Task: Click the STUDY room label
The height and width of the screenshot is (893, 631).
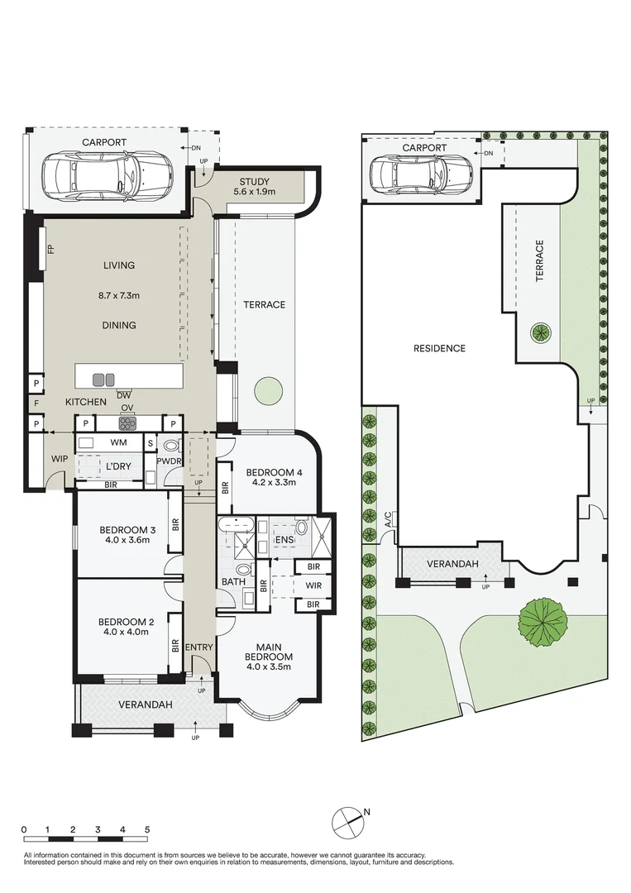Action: coord(257,182)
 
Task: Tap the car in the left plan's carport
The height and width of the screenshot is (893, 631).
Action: coord(107,174)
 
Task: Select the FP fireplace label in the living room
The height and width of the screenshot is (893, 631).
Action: coord(50,250)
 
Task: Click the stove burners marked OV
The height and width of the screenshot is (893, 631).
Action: coord(127,423)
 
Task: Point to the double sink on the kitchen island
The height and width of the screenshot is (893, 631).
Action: coord(104,380)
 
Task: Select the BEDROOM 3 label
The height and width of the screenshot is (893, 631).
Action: coord(127,530)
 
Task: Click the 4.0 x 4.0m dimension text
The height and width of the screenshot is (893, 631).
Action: coord(127,633)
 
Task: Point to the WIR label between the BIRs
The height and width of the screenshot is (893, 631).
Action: coord(313,586)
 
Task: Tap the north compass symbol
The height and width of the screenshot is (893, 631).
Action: coord(347,821)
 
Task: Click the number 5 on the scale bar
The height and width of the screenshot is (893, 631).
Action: coord(146,829)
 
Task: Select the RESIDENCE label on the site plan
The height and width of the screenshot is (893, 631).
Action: coord(439,348)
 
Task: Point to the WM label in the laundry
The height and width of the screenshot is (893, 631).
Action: coord(119,443)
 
